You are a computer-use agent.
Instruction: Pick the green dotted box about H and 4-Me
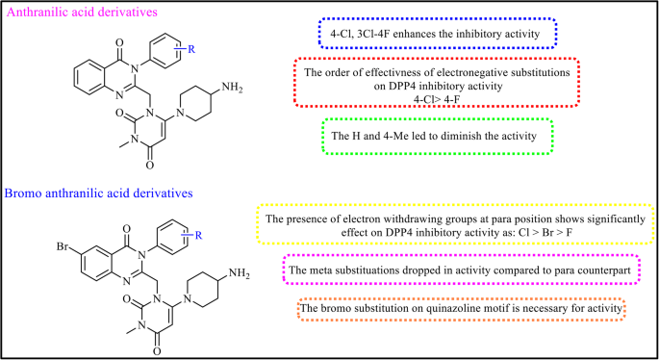pos(438,136)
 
